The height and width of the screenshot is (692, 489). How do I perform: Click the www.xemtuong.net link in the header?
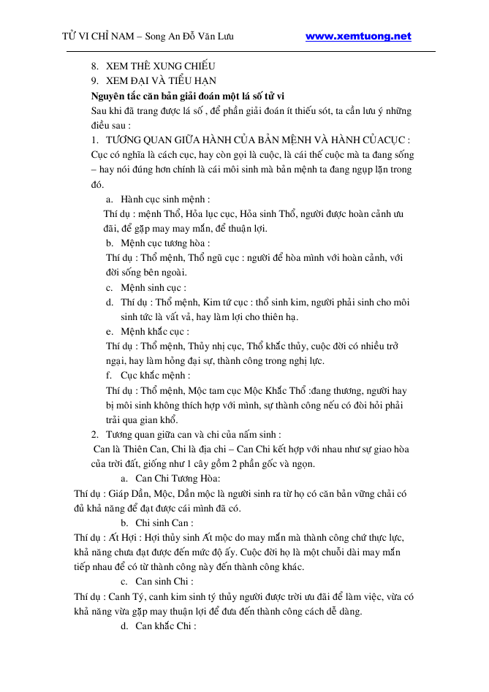click(357, 36)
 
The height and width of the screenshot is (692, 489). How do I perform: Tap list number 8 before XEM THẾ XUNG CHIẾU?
click(95, 66)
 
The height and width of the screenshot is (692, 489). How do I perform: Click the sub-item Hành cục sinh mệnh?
click(166, 199)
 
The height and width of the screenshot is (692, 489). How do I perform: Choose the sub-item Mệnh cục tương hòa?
click(166, 243)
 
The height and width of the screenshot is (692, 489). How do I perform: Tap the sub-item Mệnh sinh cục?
click(153, 287)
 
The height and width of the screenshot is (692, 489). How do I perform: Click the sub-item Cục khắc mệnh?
click(156, 376)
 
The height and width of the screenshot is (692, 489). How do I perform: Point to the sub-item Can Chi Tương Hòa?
click(172, 479)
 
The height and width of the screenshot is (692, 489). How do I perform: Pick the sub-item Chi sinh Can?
click(164, 523)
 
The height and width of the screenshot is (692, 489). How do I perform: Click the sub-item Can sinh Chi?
click(164, 582)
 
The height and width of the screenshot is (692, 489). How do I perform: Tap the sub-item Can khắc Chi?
click(166, 626)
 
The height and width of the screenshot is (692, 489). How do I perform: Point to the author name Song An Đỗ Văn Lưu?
click(189, 37)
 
